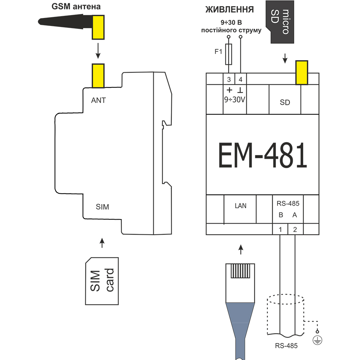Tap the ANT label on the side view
tap(98, 100)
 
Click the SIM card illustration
tap(102, 281)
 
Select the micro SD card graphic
tap(280, 22)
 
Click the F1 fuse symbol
tap(229, 54)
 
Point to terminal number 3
tap(229, 80)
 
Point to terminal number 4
tap(240, 80)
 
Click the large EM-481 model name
tap(262, 155)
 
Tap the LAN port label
tap(240, 206)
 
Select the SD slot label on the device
tap(285, 102)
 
